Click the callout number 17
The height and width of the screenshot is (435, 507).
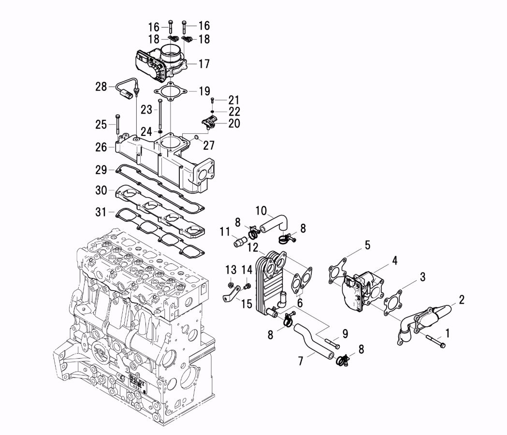(x=203, y=63)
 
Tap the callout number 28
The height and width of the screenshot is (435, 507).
(x=101, y=87)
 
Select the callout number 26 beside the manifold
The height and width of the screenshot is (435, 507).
(x=101, y=147)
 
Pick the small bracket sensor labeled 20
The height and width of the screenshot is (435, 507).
(x=211, y=124)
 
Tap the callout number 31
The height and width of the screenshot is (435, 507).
(x=101, y=212)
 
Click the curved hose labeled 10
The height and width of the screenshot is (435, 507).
(x=274, y=222)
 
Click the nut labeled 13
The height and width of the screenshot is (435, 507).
(x=231, y=284)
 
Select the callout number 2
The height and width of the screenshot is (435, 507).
(x=462, y=300)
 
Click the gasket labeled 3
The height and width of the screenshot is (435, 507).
(x=392, y=303)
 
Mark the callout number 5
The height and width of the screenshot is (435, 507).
(x=367, y=245)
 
